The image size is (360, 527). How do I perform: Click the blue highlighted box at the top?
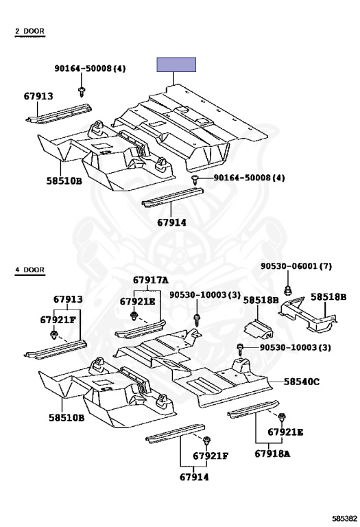[176, 65]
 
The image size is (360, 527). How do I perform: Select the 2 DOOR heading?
[29, 32]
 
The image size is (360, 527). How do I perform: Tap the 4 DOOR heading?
[29, 270]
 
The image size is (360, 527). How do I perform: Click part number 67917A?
[151, 280]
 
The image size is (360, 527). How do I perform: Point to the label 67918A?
[272, 454]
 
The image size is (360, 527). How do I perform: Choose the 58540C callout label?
[302, 382]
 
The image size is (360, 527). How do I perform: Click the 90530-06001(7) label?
[296, 266]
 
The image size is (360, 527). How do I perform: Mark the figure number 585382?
[345, 518]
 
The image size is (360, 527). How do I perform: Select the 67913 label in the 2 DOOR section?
[38, 96]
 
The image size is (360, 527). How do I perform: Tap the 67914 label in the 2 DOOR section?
[171, 222]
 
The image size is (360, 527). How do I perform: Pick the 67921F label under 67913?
[58, 320]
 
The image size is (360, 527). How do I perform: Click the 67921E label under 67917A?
[138, 301]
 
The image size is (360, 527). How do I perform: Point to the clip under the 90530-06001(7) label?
[287, 290]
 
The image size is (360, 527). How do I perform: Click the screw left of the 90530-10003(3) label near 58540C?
[240, 349]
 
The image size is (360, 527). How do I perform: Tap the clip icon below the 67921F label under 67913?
[53, 335]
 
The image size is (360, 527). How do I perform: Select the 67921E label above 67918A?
[285, 432]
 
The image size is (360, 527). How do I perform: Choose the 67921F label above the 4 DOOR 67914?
[211, 456]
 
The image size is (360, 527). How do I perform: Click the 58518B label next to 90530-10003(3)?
[261, 300]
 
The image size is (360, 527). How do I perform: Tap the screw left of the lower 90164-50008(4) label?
[195, 180]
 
